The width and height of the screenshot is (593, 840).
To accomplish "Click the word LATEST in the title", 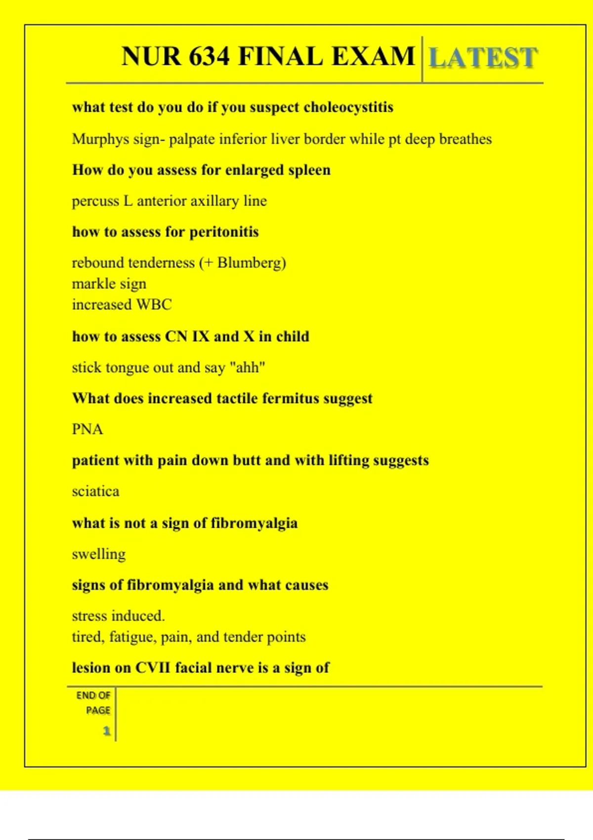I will point(483,58).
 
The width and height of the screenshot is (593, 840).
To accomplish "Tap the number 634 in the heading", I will point(210,56).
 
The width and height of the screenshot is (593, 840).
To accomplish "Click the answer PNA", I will point(87,429).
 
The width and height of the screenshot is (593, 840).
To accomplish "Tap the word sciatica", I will point(95,491).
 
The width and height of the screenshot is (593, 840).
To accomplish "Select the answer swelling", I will point(98,554).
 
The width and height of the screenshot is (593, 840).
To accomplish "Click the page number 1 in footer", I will point(106,730).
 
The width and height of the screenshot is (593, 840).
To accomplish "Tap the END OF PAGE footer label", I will point(93,702).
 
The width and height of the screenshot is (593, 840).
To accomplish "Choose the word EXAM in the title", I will point(373,56).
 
